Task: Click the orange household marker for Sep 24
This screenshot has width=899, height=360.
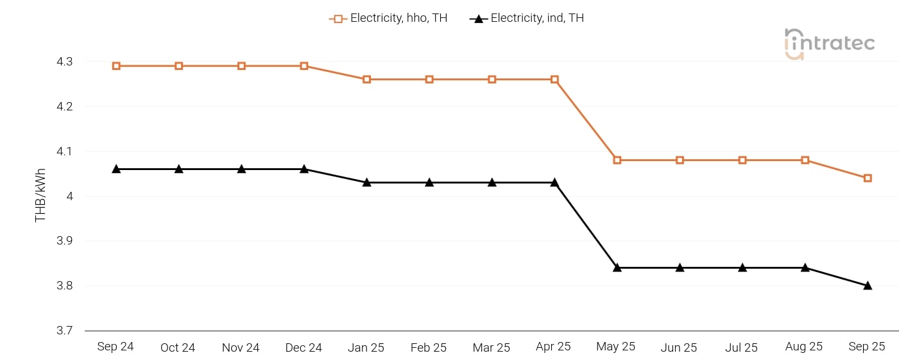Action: pos(116,66)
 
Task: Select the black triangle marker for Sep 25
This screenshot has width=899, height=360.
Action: pos(868,286)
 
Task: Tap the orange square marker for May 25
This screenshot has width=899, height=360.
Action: pos(617,160)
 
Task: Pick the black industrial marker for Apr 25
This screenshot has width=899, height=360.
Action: pos(554,182)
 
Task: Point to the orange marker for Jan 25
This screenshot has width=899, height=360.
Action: pos(366,80)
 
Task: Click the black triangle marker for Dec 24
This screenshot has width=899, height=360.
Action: pos(304,169)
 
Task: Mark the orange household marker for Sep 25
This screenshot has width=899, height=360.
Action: pos(868,178)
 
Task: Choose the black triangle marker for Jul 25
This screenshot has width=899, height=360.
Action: pos(742,268)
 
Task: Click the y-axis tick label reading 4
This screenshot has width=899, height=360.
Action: pos(69,196)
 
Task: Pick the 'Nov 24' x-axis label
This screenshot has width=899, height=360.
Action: pos(241,348)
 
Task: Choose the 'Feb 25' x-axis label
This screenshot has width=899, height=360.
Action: pos(429,348)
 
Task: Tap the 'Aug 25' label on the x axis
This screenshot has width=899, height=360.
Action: pos(804,347)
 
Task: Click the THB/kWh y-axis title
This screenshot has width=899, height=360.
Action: pos(40,197)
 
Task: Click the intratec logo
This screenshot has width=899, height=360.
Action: pos(829,44)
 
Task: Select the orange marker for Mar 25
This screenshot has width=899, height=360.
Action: pos(492,80)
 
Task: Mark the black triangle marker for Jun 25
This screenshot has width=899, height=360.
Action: pos(680,268)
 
